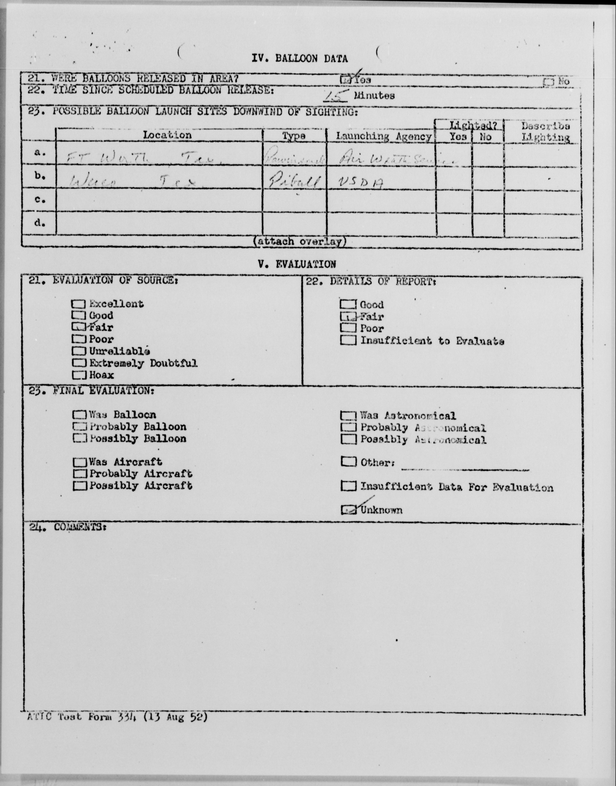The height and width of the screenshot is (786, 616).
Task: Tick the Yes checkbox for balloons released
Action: point(345,79)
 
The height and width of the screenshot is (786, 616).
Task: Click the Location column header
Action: point(167,135)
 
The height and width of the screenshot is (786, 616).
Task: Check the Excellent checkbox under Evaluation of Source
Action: point(79,304)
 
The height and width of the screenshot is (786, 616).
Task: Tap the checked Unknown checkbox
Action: point(348,510)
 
